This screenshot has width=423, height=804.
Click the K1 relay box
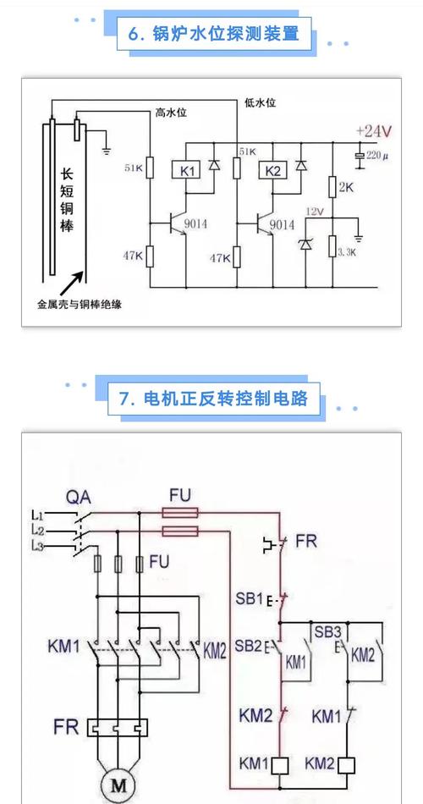[x=188, y=172]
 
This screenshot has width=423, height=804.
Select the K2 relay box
[x=272, y=172]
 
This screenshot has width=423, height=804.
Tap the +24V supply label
[x=373, y=131]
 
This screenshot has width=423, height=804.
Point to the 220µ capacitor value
[x=378, y=157]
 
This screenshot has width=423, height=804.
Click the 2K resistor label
[x=344, y=187]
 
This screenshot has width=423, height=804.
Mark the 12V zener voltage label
[x=315, y=211]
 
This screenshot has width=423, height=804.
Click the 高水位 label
[x=172, y=113]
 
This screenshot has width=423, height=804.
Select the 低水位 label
[x=260, y=102]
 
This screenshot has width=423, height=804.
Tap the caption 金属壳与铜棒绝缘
[x=80, y=303]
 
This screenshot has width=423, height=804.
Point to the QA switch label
[x=79, y=494]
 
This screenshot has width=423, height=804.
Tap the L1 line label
[x=37, y=515]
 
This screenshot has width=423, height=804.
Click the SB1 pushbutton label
[x=250, y=598]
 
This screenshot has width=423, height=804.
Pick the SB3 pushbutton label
[x=327, y=632]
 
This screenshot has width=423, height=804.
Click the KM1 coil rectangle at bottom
[x=280, y=764]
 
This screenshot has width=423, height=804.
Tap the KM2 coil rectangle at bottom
[x=347, y=764]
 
